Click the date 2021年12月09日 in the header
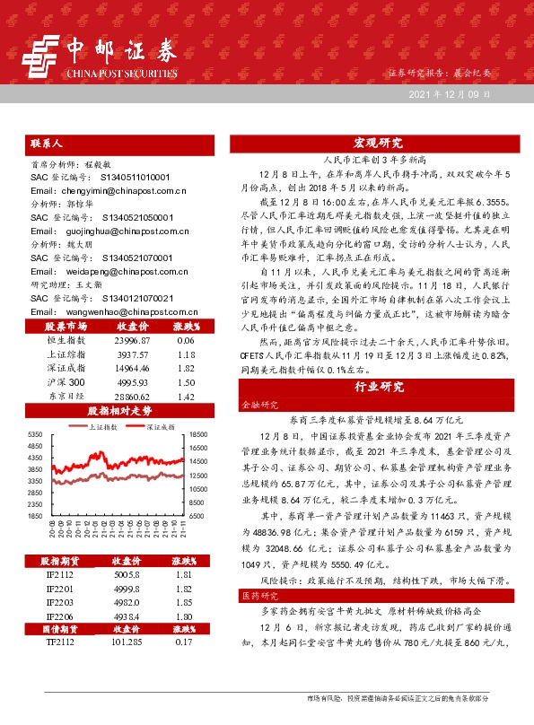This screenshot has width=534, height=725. [450, 94]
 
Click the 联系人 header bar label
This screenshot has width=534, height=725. [46, 143]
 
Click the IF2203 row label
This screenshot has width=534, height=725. [61, 626]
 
